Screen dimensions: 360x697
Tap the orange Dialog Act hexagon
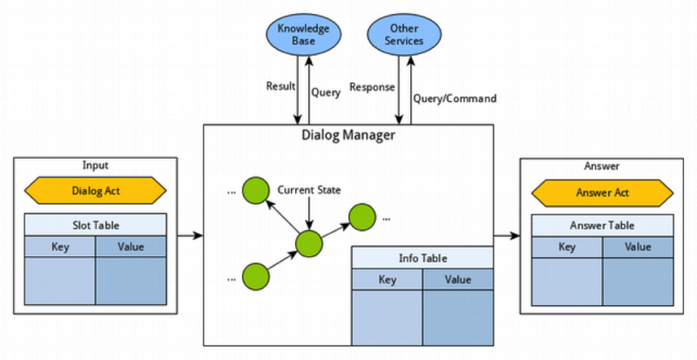(93, 190)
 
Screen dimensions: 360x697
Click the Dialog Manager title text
(348, 135)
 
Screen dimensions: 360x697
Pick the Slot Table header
(93, 224)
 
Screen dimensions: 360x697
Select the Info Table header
(423, 258)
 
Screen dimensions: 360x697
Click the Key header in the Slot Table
(59, 247)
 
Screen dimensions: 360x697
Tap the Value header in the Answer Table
(639, 247)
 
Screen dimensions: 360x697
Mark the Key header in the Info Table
(388, 280)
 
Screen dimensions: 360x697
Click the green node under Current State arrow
(308, 244)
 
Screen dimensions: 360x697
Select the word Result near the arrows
(280, 87)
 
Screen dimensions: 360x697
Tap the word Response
(373, 87)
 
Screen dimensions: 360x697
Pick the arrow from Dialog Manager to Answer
(505, 235)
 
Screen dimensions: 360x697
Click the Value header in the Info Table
(458, 280)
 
